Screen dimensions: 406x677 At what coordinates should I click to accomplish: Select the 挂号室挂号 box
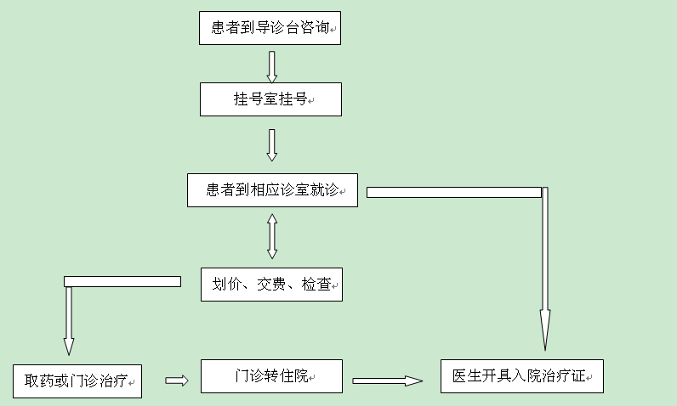[x=270, y=99]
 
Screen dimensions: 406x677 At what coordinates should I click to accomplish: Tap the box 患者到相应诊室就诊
[x=272, y=190]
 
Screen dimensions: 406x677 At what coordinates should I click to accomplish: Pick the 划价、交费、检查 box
[x=271, y=285]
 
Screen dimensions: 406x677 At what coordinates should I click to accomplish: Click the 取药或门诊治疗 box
[x=77, y=381]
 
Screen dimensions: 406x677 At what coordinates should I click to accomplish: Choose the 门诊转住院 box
[x=271, y=375]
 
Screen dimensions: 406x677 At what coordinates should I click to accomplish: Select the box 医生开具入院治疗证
[x=521, y=375]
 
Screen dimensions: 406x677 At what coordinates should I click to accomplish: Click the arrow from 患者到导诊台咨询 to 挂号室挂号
[x=272, y=67]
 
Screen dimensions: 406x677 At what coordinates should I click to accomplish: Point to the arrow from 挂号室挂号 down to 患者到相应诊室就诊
[x=272, y=144]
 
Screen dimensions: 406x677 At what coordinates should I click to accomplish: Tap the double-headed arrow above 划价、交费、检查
[x=272, y=236]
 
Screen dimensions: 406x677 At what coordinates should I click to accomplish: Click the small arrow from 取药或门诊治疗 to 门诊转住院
[x=176, y=381]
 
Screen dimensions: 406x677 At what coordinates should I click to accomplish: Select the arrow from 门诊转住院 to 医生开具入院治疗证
[x=387, y=381]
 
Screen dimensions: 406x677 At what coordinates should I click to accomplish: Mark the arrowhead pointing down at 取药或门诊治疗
[x=69, y=346]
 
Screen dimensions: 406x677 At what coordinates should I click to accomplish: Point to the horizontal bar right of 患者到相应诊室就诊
[x=453, y=192]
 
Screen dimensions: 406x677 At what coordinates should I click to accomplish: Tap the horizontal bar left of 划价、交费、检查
[x=122, y=281]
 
